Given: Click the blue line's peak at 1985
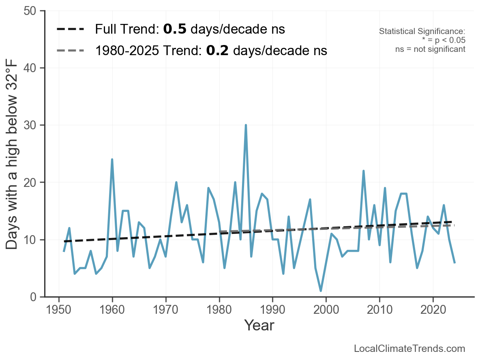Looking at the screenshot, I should tap(246, 125).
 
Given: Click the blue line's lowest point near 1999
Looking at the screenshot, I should tap(321, 291).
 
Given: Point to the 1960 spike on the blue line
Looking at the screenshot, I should tap(112, 159).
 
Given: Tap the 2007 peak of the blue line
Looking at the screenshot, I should tap(363, 171).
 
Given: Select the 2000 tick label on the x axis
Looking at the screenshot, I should tap(326, 310).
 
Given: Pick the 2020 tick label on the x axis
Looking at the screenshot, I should tap(433, 310).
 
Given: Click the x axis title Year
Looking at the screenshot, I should tap(259, 325).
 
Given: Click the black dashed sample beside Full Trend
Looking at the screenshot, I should tap(71, 29).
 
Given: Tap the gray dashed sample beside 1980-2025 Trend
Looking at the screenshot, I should tap(71, 50).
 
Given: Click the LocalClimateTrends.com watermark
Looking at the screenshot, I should tap(409, 349).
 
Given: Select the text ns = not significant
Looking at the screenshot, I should tap(430, 49).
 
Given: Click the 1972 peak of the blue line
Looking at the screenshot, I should tap(176, 182).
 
